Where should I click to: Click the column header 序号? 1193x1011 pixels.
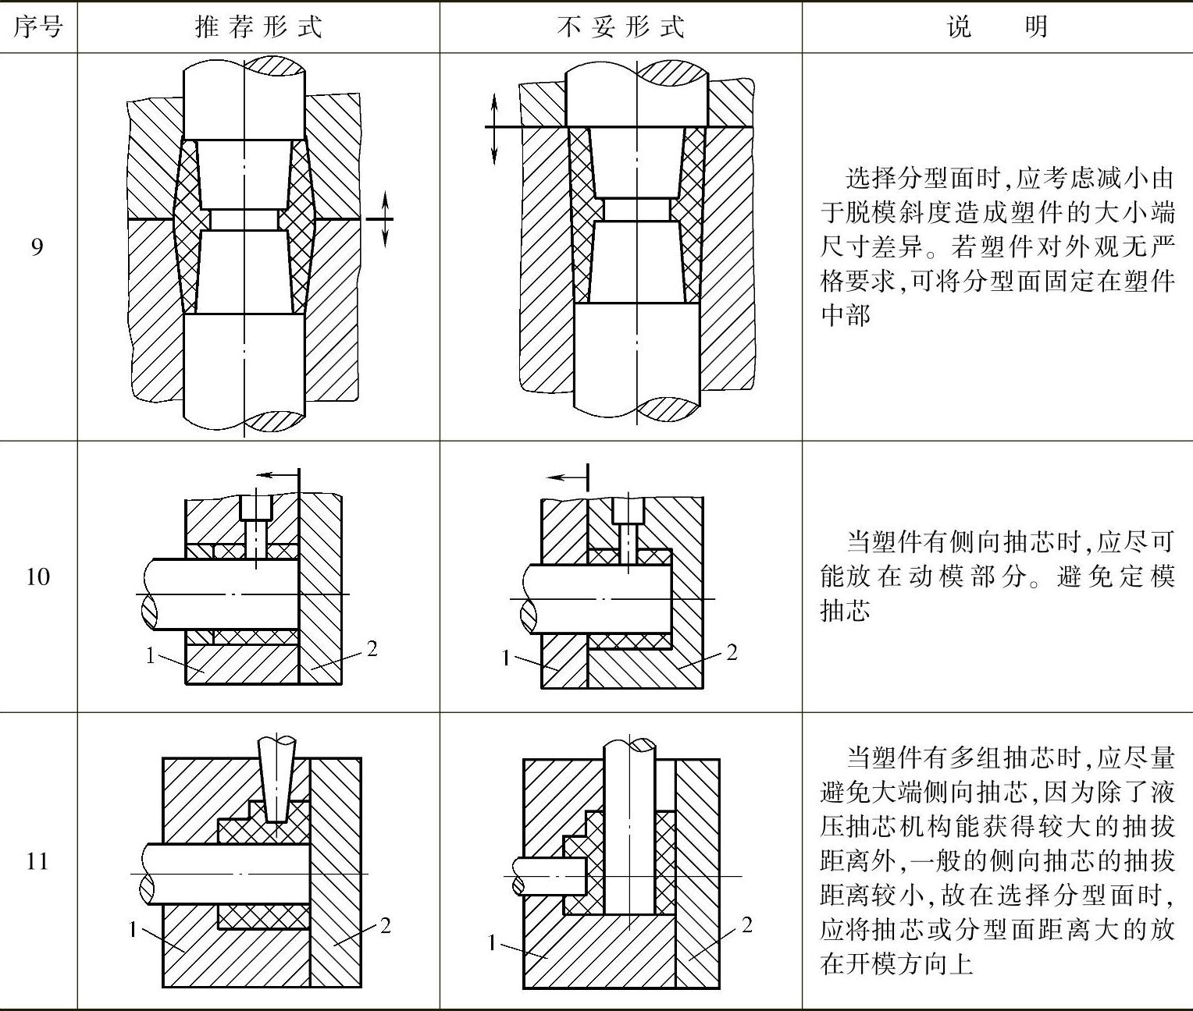[37, 28]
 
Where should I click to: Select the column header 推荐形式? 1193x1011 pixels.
[258, 28]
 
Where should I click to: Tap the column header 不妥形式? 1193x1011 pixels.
[621, 28]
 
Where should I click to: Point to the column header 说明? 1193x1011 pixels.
[997, 28]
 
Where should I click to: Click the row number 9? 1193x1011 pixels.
[37, 247]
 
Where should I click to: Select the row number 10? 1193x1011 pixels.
[37, 577]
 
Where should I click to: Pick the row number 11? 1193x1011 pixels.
[37, 861]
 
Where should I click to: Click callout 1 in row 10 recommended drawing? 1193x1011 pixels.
[151, 655]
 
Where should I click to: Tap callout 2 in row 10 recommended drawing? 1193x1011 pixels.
[372, 648]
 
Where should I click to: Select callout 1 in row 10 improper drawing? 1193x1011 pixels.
[506, 658]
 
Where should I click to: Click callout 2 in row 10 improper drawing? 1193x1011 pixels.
[732, 652]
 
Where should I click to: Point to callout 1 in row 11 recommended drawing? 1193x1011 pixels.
[134, 929]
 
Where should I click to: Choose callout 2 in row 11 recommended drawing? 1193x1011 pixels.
[384, 925]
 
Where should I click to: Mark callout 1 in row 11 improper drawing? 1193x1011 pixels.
[491, 943]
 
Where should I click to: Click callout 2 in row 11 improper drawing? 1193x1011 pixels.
[746, 925]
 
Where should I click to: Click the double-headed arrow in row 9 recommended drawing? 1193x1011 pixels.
[386, 219]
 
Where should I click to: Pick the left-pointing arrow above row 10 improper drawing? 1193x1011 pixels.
[565, 477]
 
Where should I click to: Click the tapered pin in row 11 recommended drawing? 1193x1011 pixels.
[279, 780]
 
